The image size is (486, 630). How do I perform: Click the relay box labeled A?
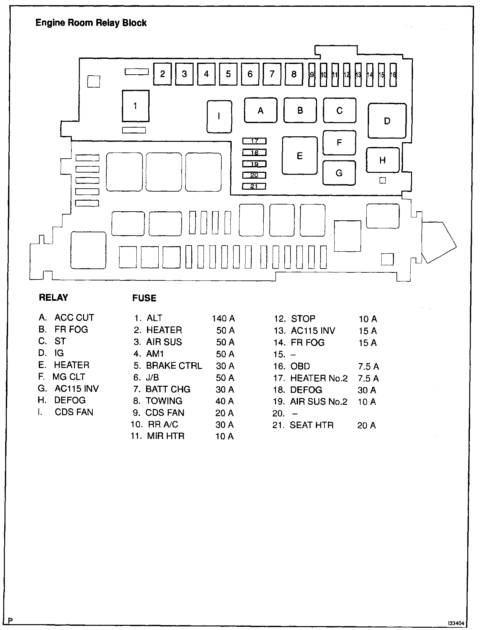coord(260,110)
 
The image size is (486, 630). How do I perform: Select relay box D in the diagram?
coord(387,121)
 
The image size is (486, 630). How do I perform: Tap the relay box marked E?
coord(300,156)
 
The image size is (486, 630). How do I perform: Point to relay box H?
coord(383,160)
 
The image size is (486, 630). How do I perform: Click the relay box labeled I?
coord(219,116)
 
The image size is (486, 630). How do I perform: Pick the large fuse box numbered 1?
coord(135,106)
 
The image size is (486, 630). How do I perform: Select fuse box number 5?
coord(228,74)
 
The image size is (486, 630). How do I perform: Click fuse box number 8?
coord(294,74)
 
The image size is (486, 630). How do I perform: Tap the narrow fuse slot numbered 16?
coord(393,75)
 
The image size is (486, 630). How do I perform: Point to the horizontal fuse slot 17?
coord(255,141)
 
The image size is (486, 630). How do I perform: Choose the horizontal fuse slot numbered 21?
coord(254,186)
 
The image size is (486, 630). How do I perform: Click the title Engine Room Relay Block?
coord(91,23)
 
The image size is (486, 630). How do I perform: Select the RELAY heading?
coord(53,297)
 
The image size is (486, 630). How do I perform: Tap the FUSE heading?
coord(144,298)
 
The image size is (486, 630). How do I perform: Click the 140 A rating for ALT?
coord(223,319)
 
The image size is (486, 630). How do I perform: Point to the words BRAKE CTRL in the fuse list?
coord(174,366)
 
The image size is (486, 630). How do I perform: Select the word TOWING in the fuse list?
coord(164,401)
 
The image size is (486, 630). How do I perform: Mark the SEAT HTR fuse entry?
coord(312,425)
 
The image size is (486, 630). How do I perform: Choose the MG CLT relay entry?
coord(69,377)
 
